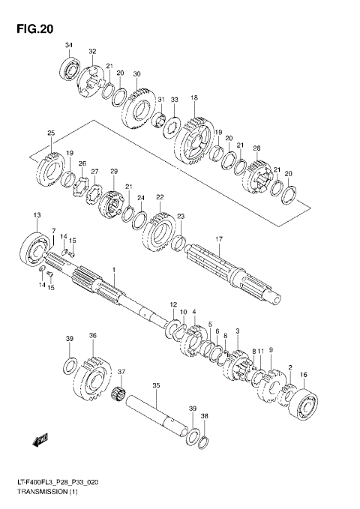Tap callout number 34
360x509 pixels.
(68, 46)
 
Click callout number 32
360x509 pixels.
(92, 52)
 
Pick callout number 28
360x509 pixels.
(256, 148)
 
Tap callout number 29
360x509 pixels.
(114, 172)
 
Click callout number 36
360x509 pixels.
(92, 336)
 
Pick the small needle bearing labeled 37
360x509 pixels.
(117, 394)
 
